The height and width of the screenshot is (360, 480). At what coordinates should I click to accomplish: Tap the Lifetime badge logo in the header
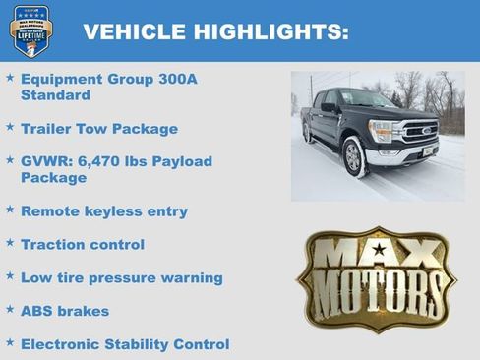[30, 30]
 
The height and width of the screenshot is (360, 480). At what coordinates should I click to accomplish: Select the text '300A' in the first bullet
[177, 79]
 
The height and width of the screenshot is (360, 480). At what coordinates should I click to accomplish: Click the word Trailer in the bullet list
[48, 129]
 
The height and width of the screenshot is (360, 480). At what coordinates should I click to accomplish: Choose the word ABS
[37, 311]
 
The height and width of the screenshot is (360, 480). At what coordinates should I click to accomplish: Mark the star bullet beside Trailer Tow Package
[10, 128]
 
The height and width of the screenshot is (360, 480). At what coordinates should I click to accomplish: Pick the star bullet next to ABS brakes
[10, 310]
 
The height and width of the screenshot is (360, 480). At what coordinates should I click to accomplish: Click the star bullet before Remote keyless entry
[10, 210]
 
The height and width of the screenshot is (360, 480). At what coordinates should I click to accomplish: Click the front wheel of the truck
[354, 157]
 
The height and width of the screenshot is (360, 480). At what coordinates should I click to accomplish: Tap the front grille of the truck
[416, 131]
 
